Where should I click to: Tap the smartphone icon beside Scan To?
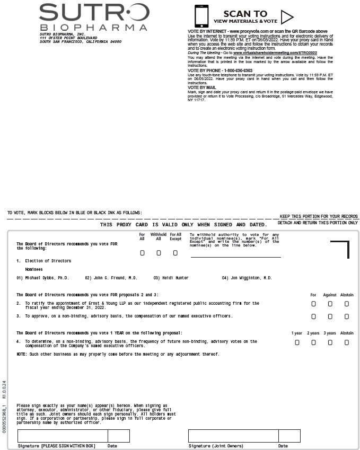[x=201, y=16]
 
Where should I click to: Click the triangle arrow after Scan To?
[x=287, y=17]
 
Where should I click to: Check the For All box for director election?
[x=142, y=253]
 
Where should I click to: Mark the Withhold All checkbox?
[x=159, y=253]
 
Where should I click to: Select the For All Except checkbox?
[x=175, y=253]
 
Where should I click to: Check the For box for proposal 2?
[x=313, y=304]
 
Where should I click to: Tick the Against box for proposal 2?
[x=330, y=304]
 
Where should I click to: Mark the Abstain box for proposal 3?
[x=347, y=316]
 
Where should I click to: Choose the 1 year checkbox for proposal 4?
[x=297, y=342]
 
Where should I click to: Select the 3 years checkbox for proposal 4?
[x=330, y=342]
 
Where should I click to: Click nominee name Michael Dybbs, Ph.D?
[x=42, y=278]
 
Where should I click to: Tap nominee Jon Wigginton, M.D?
[x=247, y=278]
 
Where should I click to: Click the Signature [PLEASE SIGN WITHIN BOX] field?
[x=63, y=436]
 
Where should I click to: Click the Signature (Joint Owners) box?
[x=233, y=436]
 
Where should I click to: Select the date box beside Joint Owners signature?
[x=289, y=436]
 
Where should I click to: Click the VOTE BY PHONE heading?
[x=219, y=70]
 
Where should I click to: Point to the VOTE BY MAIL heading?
[x=202, y=87]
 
